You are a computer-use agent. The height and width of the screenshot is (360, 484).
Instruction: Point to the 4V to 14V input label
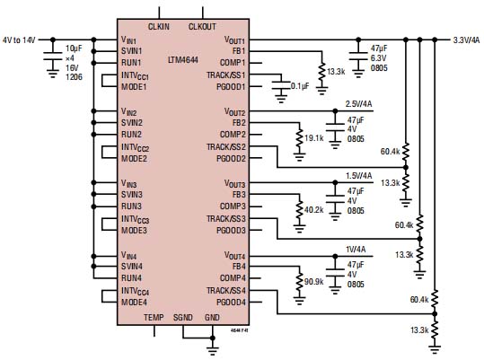pos(20,40)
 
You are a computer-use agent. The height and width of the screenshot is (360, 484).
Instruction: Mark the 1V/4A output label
pos(353,249)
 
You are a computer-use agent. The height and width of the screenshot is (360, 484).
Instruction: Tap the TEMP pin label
pos(154,318)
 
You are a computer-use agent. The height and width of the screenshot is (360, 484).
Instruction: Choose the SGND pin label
pos(182,318)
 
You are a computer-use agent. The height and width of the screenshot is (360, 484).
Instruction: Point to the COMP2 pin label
pos(230,135)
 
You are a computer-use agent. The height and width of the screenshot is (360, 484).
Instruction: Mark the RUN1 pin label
pos(132,63)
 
